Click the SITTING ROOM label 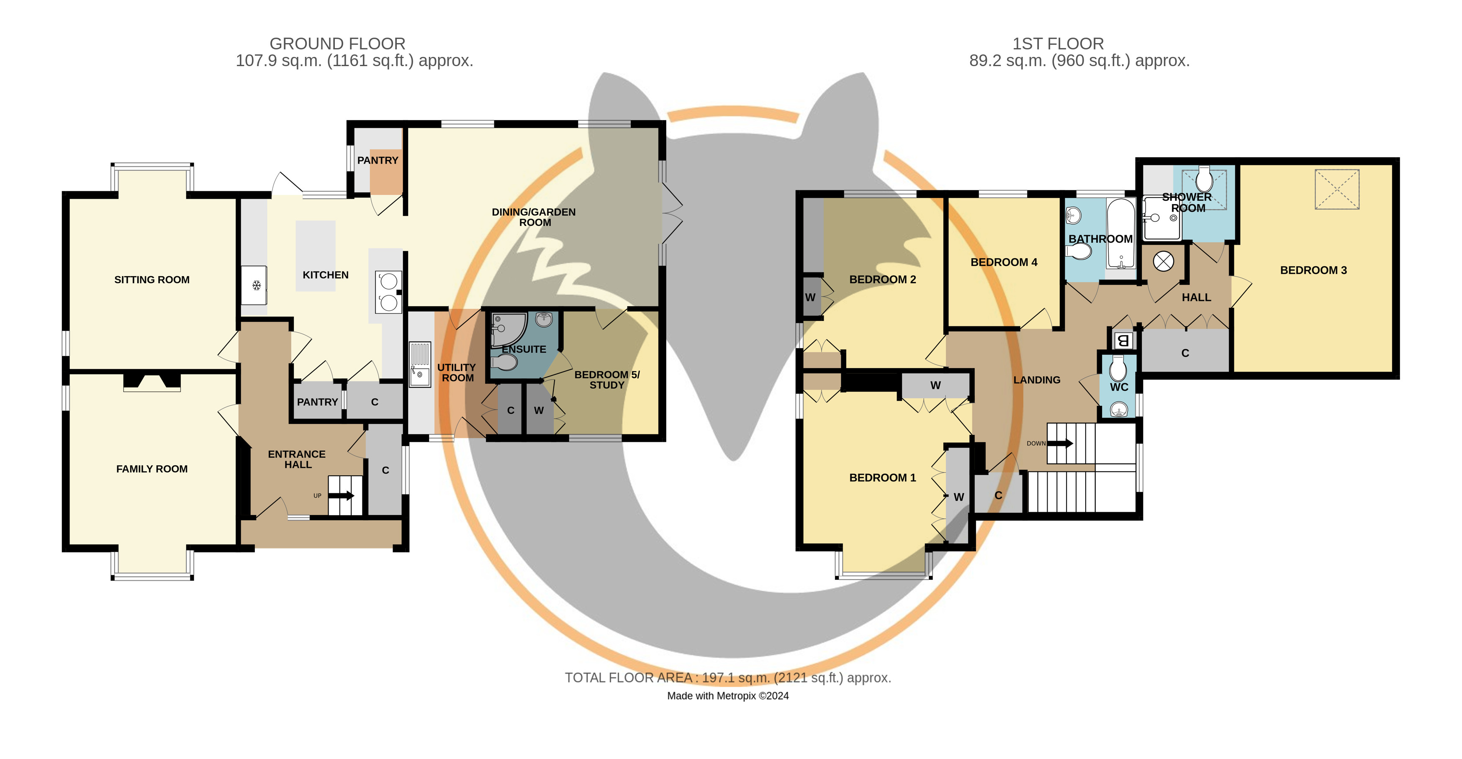(152, 279)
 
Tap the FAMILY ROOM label (152, 469)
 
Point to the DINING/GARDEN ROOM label (534, 217)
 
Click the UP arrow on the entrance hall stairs (341, 496)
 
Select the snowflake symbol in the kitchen (257, 285)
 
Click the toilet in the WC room (1118, 369)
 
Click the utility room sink (420, 364)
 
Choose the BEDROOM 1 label (883, 478)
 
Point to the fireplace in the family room (152, 382)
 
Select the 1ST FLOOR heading (1058, 44)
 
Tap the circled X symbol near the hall (1164, 262)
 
